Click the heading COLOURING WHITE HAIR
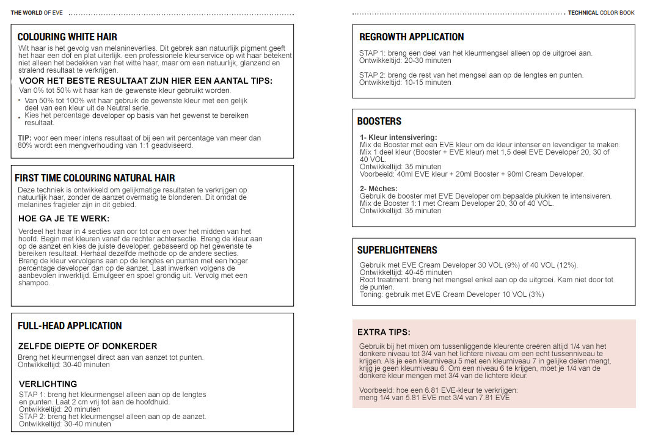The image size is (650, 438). (x=67, y=37)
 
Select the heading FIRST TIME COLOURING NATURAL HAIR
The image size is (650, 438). (x=95, y=178)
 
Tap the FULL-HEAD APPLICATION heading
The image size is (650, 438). (x=70, y=326)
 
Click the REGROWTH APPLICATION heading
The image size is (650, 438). (x=411, y=37)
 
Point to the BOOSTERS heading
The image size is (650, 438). (x=379, y=122)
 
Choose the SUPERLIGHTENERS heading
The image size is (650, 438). (x=397, y=250)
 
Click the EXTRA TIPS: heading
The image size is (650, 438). (x=384, y=332)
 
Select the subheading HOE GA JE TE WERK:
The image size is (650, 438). (x=64, y=218)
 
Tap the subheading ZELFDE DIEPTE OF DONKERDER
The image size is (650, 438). (x=87, y=346)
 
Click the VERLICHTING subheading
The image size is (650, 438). (x=48, y=384)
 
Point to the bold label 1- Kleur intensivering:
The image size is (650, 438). (x=398, y=137)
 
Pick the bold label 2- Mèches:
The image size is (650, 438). (x=378, y=189)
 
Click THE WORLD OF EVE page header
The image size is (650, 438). (x=37, y=12)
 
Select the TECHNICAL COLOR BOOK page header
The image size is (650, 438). (x=601, y=12)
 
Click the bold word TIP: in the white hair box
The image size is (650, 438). (x=24, y=138)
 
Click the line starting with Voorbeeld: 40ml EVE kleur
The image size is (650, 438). (x=472, y=174)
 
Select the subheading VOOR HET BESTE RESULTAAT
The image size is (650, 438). (x=145, y=81)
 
